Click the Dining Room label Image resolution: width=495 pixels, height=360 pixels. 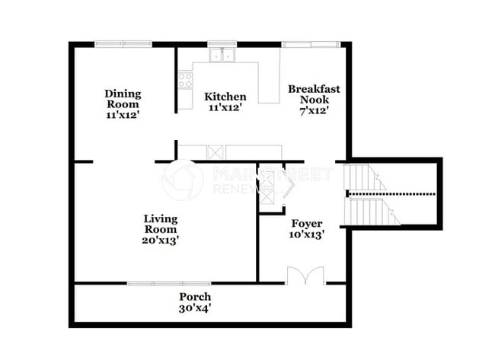pyautogui.click(x=123, y=94)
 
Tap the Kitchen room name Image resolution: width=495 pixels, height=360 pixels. pyautogui.click(x=225, y=97)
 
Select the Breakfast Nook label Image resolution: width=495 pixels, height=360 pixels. pyautogui.click(x=314, y=94)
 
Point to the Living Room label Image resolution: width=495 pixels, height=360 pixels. pyautogui.click(x=161, y=224)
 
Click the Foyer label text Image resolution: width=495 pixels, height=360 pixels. pyautogui.click(x=307, y=224)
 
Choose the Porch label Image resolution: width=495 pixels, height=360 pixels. pyautogui.click(x=195, y=296)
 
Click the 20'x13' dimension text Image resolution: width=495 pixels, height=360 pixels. pyautogui.click(x=161, y=241)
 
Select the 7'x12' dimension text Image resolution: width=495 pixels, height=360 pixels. pyautogui.click(x=314, y=111)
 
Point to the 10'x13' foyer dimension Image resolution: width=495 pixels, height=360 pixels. pyautogui.click(x=307, y=235)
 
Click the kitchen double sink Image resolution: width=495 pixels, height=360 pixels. pyautogui.click(x=223, y=55)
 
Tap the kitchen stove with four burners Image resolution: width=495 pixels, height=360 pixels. pyautogui.click(x=185, y=79)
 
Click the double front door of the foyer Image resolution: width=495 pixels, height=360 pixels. pyautogui.click(x=305, y=276)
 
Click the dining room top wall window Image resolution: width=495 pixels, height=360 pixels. pyautogui.click(x=123, y=44)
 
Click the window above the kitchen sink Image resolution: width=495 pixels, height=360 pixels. pyautogui.click(x=223, y=44)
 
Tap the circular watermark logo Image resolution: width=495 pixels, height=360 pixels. pyautogui.click(x=183, y=180)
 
